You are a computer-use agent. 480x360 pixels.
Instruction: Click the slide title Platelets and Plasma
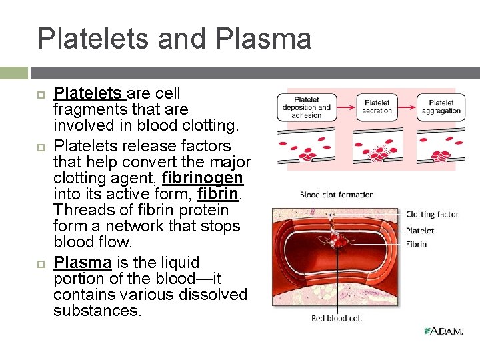coord(174,39)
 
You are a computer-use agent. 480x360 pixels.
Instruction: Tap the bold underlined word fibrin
coord(218,194)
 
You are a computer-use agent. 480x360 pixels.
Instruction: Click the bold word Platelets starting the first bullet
coord(87,93)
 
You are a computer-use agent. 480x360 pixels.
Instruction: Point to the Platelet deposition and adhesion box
coord(306,107)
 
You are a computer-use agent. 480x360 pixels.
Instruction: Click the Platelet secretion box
coord(377,107)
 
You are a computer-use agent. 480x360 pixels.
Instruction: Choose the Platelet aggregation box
coord(441,107)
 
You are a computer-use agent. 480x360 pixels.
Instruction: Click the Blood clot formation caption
coord(337,195)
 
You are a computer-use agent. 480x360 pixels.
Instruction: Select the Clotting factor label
coord(432,214)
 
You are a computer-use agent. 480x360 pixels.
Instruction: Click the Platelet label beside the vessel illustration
coord(420,230)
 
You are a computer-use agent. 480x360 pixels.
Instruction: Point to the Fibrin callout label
coord(416,244)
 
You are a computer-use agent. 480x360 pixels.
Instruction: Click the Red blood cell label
coord(337,318)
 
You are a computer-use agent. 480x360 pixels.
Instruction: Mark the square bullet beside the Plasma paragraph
coord(39,263)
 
